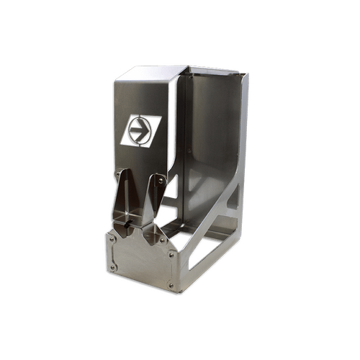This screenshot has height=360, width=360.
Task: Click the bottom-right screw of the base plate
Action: point(171,285)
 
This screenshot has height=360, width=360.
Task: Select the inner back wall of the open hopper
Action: point(209,130)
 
